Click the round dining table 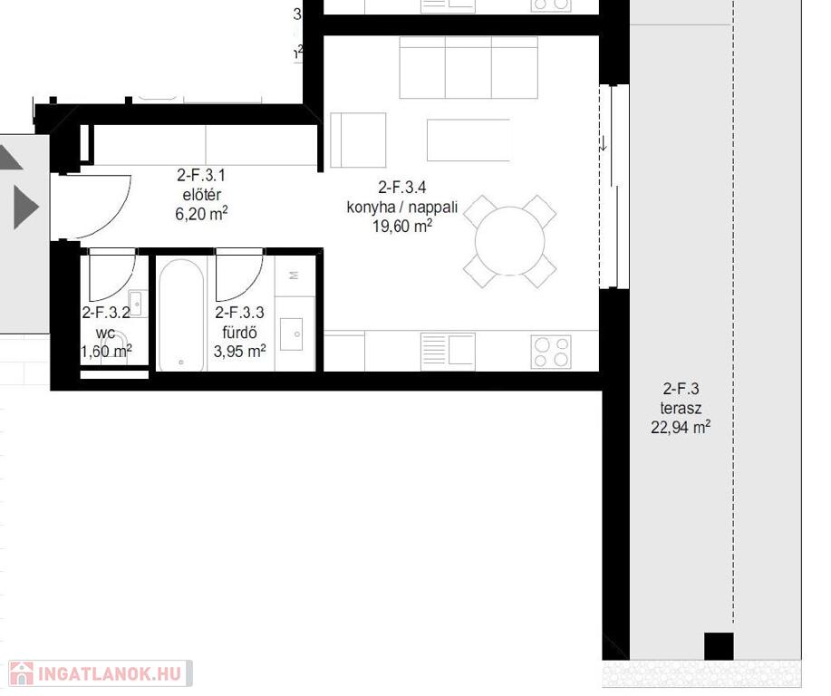pyautogui.click(x=510, y=241)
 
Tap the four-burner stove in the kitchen pyautogui.click(x=551, y=352)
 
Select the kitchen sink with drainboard pyautogui.click(x=448, y=351)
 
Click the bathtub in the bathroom pyautogui.click(x=180, y=315)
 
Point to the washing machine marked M pyautogui.click(x=295, y=275)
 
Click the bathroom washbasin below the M pyautogui.click(x=291, y=333)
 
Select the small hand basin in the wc pyautogui.click(x=137, y=304)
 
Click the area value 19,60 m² pyautogui.click(x=402, y=227)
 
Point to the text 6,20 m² pyautogui.click(x=201, y=214)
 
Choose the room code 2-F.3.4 pyautogui.click(x=401, y=187)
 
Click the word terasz pyautogui.click(x=681, y=408)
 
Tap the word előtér pyautogui.click(x=201, y=195)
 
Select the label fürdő pyautogui.click(x=239, y=333)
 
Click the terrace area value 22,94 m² pyautogui.click(x=681, y=427)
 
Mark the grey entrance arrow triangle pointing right pyautogui.click(x=26, y=207)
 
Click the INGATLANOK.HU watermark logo pyautogui.click(x=101, y=673)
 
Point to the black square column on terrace pyautogui.click(x=719, y=646)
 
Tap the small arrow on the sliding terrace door pyautogui.click(x=604, y=143)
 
